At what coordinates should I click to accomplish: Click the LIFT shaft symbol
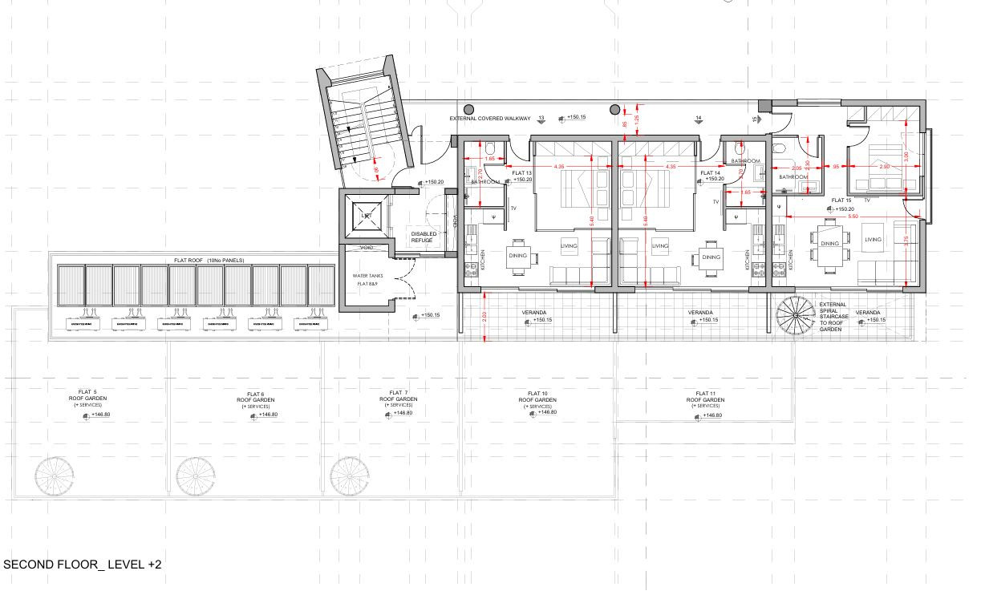365,217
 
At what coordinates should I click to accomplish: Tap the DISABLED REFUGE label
423,237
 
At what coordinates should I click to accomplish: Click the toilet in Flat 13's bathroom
488,148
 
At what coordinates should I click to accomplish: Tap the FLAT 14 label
711,173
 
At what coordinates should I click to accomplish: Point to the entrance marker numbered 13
541,119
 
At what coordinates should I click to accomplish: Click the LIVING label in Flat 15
872,239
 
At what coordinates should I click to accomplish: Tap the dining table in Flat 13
517,257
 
